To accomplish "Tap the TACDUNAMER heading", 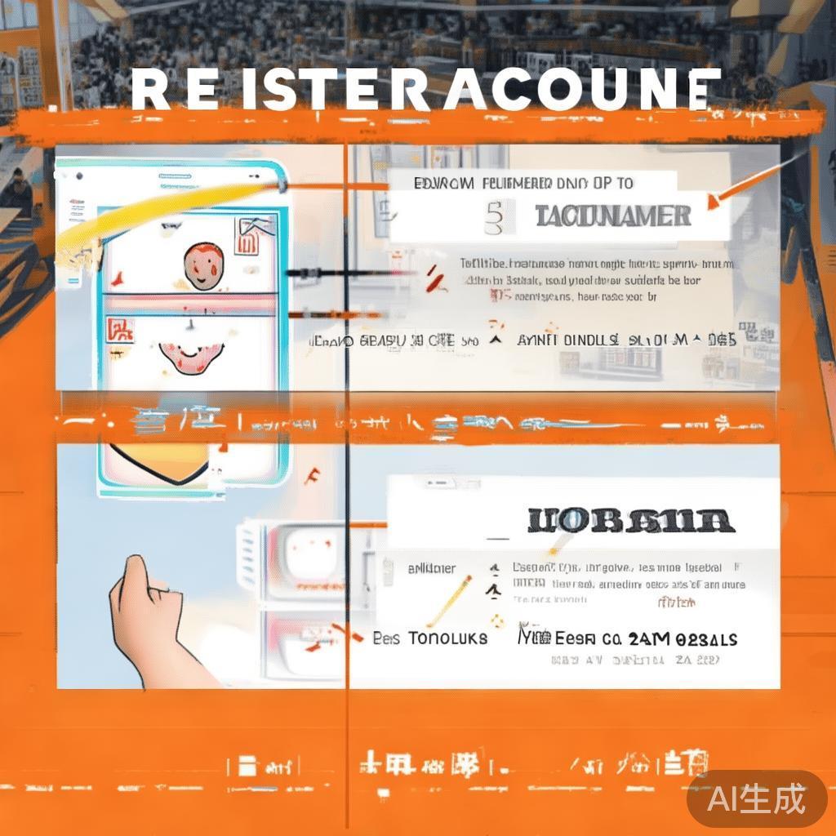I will pos(613,216).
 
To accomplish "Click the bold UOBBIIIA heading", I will pos(631,521).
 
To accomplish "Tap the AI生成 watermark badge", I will pos(756,798).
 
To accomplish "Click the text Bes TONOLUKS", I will pos(429,638).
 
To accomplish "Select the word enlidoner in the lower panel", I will pos(431,568).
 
